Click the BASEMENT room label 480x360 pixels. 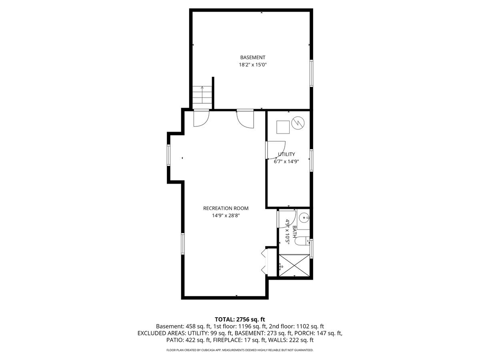(252, 58)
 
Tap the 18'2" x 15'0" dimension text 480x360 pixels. (252, 65)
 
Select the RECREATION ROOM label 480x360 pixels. (226, 208)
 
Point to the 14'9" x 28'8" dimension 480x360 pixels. (226, 216)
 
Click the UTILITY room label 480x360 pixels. (286, 154)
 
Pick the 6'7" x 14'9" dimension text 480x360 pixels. (286, 162)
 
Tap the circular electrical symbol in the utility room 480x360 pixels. (298, 123)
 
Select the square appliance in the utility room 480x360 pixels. (283, 127)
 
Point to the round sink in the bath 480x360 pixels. (304, 218)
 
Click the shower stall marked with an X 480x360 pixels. (294, 265)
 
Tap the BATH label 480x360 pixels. (294, 232)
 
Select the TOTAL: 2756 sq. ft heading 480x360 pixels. (240, 319)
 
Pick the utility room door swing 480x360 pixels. (276, 150)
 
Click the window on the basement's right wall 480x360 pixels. (311, 73)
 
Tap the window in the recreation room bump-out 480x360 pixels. (169, 155)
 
